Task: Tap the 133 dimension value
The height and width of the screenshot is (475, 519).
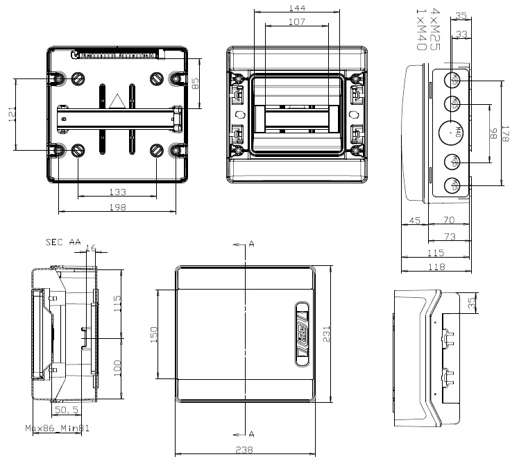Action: (117, 192)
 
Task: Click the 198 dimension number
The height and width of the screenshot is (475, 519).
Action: (117, 207)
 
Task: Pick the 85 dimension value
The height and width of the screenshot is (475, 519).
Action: (196, 84)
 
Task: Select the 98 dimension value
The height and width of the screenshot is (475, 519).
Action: (492, 135)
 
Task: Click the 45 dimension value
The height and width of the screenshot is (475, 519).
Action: (414, 220)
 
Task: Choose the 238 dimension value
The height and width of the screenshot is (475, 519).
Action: (244, 450)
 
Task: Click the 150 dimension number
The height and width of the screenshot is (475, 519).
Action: (154, 334)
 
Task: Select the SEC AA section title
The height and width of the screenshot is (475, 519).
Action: (62, 242)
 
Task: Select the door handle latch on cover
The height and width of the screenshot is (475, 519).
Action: (301, 333)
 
